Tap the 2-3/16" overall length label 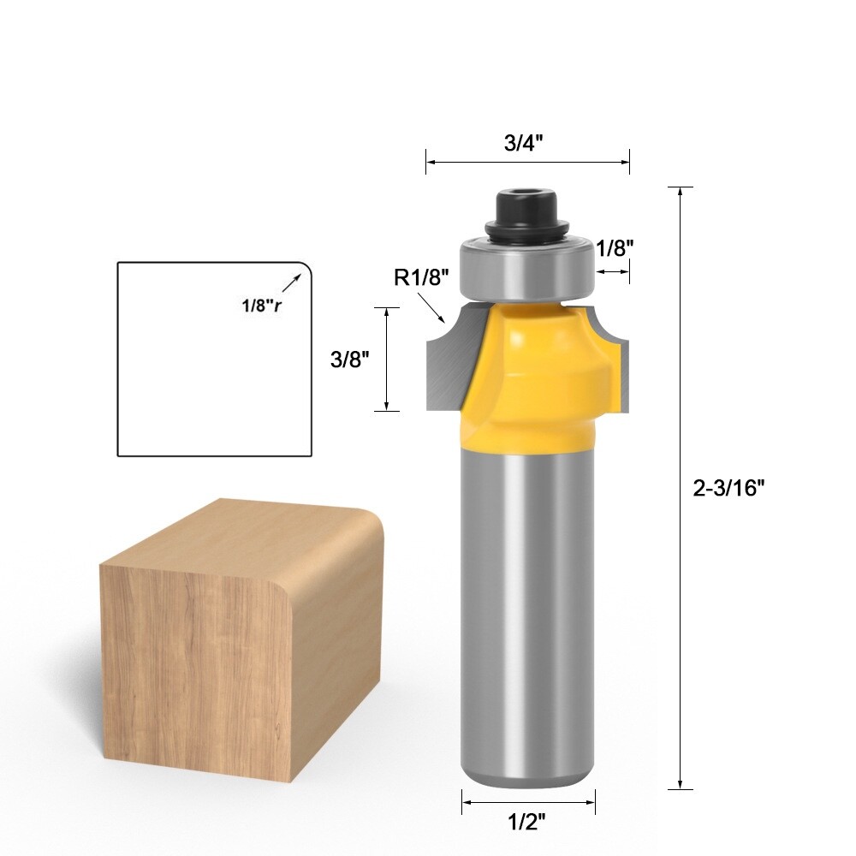pyautogui.click(x=728, y=487)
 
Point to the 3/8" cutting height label pyautogui.click(x=349, y=360)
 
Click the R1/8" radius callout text pyautogui.click(x=420, y=277)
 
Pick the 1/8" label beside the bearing pyautogui.click(x=615, y=248)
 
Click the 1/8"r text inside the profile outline pyautogui.click(x=260, y=305)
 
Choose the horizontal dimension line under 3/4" pyautogui.click(x=527, y=161)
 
